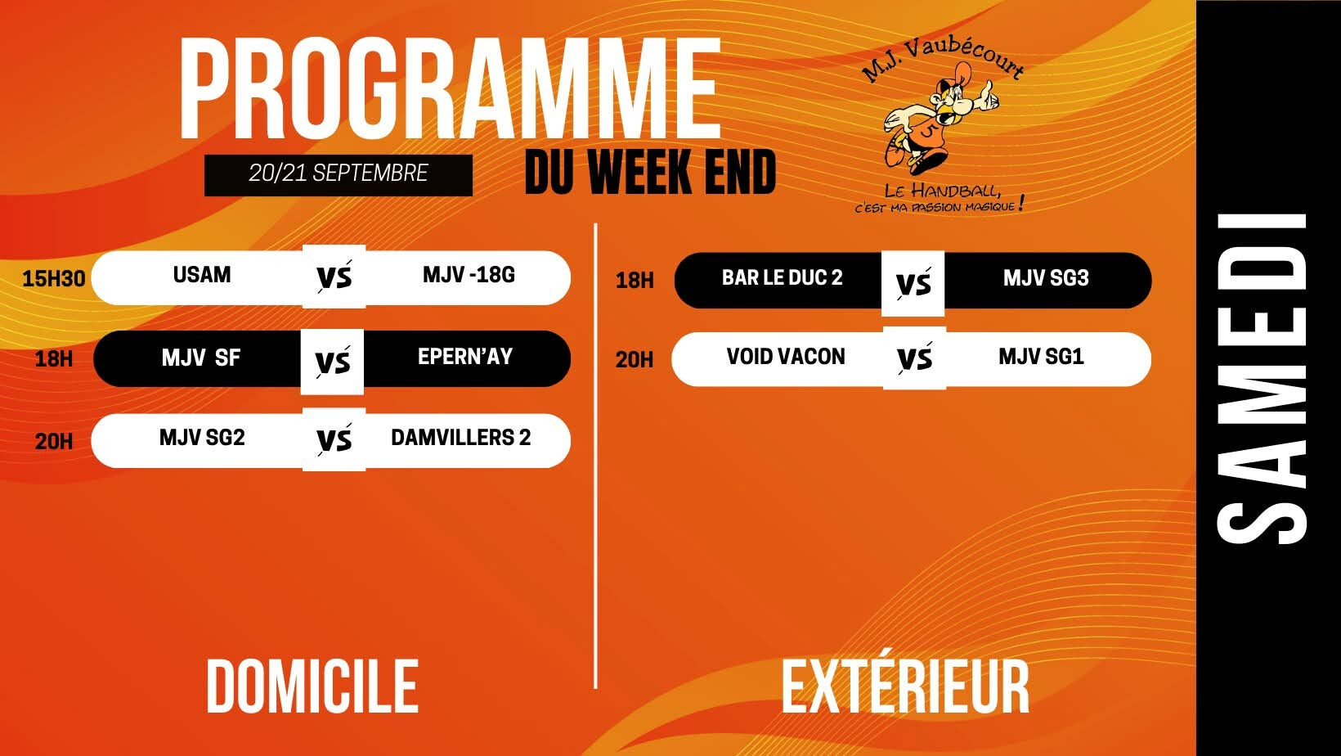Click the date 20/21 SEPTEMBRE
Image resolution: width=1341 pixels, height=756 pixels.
(x=339, y=173)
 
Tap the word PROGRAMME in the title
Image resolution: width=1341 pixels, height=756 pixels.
(x=450, y=88)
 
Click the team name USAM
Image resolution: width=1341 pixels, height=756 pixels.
(x=202, y=275)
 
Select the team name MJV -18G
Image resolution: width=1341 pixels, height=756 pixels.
(x=469, y=275)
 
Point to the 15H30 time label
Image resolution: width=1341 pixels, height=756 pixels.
(x=53, y=278)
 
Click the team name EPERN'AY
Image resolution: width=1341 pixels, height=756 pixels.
(x=465, y=357)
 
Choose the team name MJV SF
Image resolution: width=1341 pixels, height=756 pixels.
(x=201, y=358)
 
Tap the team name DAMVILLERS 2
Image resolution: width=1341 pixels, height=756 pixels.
(x=461, y=438)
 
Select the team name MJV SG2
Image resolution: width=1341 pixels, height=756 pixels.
(x=202, y=438)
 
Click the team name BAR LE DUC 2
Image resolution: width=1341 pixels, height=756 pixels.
(x=782, y=278)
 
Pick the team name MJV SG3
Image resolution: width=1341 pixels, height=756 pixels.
(x=1046, y=278)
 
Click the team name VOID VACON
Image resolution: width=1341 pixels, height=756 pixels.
(x=786, y=357)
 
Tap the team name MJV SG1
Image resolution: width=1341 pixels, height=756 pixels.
(x=1041, y=357)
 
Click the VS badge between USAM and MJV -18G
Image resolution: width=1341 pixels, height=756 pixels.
(x=334, y=277)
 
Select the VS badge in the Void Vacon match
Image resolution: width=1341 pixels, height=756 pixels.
(x=914, y=358)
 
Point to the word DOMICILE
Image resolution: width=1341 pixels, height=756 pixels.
(x=312, y=686)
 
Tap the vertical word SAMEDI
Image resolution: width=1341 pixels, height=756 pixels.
(x=1263, y=379)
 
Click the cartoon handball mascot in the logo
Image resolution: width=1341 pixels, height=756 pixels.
(x=940, y=119)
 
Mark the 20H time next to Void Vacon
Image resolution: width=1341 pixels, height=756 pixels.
(x=634, y=360)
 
